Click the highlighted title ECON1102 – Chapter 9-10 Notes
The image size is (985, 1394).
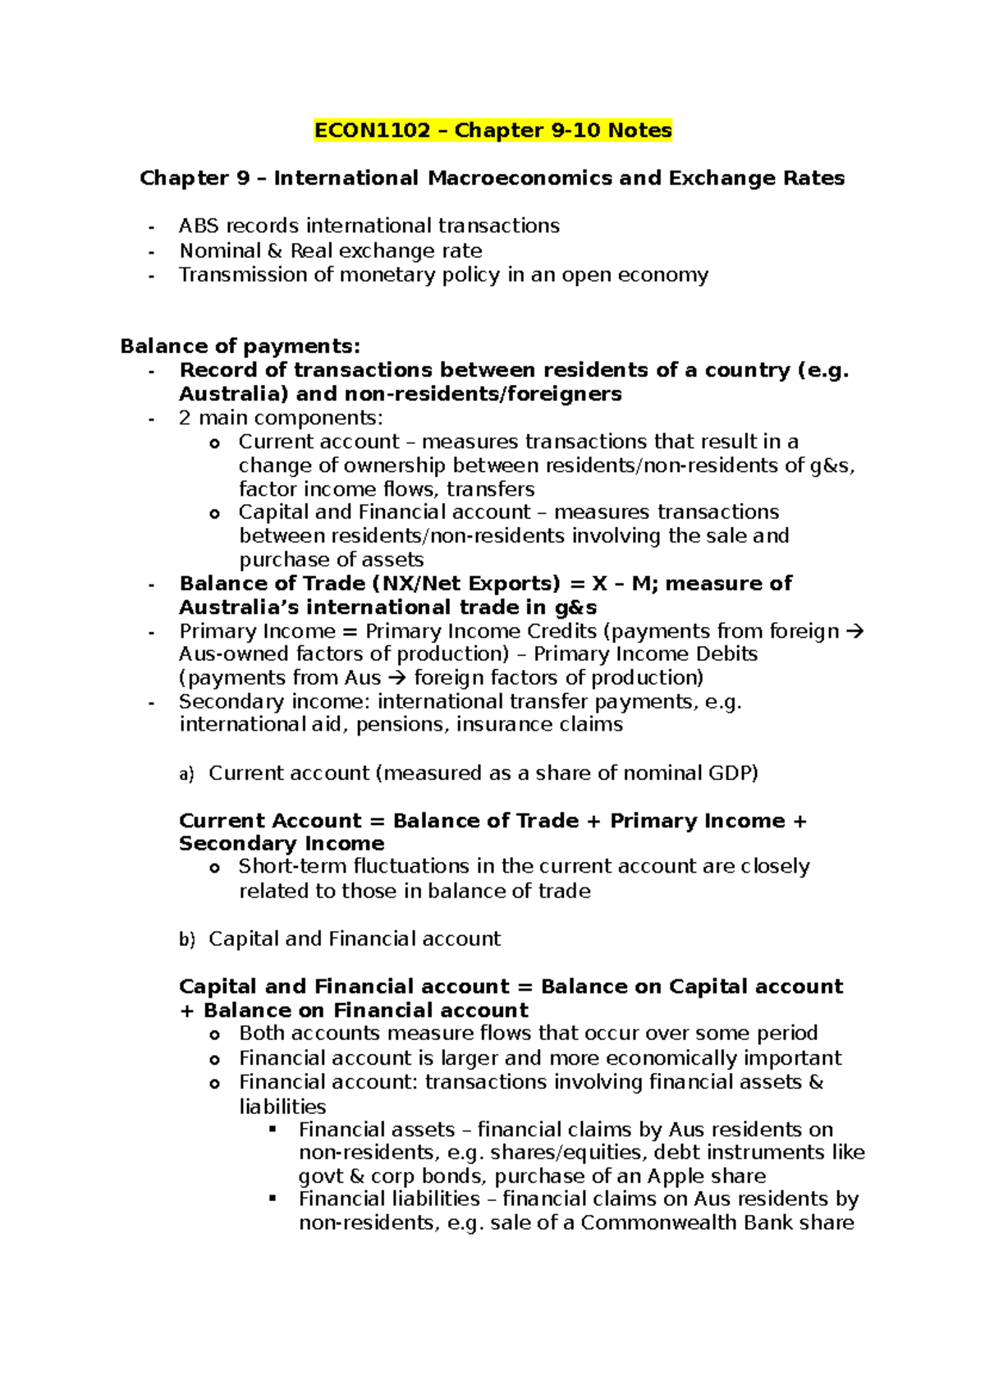[492, 131]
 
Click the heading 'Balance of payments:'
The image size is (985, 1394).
[240, 346]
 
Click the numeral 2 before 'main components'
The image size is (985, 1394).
[185, 418]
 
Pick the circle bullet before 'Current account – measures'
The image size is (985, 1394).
[214, 443]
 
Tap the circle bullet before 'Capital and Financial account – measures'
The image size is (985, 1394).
[214, 514]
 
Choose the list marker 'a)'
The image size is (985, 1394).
[186, 773]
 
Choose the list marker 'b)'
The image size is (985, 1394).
[186, 939]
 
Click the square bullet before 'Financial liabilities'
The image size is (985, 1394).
[273, 1199]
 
